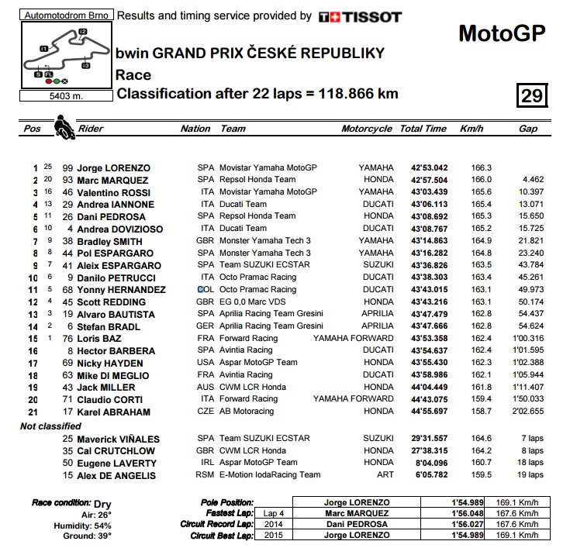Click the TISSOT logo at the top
[360, 16]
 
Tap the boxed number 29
[532, 95]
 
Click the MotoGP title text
[502, 33]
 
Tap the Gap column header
[528, 129]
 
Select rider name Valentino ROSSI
[114, 191]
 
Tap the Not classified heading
[50, 426]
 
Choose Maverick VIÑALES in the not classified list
[116, 439]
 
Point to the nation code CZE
[206, 412]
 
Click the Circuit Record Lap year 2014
[274, 523]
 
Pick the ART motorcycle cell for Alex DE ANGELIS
[385, 475]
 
